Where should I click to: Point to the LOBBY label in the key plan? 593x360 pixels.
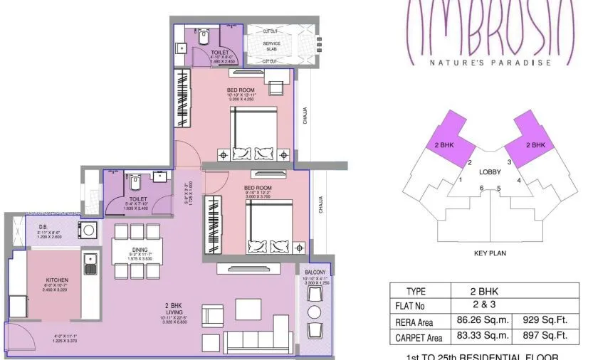click(490, 172)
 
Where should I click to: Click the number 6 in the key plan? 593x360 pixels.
click(482, 188)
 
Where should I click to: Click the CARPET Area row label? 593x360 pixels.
click(419, 337)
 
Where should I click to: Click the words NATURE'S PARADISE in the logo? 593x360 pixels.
click(490, 62)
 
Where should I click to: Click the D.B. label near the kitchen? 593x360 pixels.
click(43, 226)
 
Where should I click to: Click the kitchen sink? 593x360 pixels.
click(90, 264)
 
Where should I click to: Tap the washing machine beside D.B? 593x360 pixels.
click(88, 230)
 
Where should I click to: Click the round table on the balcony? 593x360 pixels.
click(314, 312)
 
